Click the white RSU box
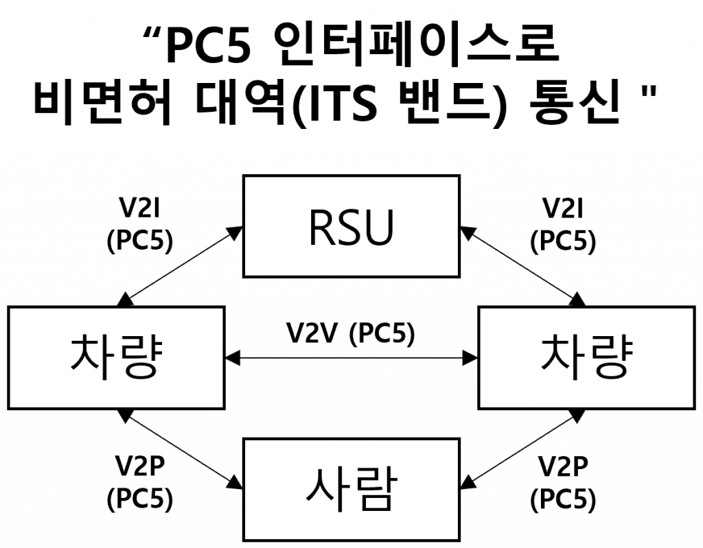coord(351,226)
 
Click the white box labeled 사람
coord(351,489)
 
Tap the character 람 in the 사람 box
coord(375,489)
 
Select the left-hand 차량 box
coord(116,357)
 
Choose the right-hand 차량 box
coord(586,357)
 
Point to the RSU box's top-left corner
coord(246,178)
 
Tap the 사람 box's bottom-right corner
coord(457,538)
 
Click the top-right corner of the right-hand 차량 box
coord(692,309)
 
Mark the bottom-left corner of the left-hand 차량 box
coord(11,406)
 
